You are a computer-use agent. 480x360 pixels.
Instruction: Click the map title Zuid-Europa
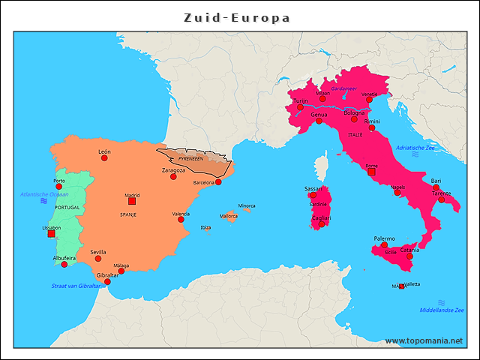[x=238, y=16]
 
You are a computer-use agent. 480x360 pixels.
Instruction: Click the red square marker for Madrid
[x=132, y=201]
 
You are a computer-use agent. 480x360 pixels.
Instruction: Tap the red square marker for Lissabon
[x=51, y=234]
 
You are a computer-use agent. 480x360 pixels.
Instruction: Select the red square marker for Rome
[x=371, y=172]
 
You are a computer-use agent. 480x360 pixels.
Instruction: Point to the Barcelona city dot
[x=220, y=181]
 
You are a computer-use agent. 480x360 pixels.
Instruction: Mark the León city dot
[x=104, y=158]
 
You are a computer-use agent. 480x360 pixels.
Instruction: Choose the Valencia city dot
[x=181, y=220]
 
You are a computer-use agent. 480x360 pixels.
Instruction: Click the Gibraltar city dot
[x=106, y=282]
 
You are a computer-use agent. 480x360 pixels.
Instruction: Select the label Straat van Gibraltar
[x=75, y=286]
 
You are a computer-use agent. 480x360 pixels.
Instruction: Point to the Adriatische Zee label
[x=415, y=148]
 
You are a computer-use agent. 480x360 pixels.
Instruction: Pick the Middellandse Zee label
[x=442, y=310]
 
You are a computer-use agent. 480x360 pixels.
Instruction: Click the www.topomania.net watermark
[x=424, y=341]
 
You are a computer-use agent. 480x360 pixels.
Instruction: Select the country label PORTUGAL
[x=67, y=207]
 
